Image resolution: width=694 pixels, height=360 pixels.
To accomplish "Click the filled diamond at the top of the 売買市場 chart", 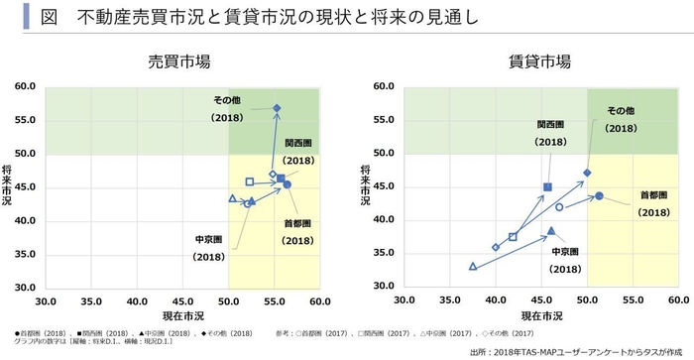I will tap(277, 107).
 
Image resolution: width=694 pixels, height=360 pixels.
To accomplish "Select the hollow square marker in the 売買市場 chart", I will tap(250, 181).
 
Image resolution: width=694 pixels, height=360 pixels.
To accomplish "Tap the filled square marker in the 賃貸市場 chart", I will tap(547, 186).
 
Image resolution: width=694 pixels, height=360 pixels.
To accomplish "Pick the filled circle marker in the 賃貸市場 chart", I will tap(599, 195).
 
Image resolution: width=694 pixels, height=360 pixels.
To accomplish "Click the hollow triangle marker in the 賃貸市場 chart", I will tap(473, 266).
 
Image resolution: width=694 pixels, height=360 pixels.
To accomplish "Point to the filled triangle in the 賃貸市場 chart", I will tap(551, 230).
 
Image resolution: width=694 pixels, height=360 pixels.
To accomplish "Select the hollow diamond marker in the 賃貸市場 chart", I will tap(496, 247).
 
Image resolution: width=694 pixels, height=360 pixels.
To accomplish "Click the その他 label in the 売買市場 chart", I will tap(227, 99).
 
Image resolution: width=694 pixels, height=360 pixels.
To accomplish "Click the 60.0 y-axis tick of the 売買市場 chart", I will tap(26, 87).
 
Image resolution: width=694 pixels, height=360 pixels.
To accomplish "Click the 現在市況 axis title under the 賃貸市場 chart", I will tap(540, 315).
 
